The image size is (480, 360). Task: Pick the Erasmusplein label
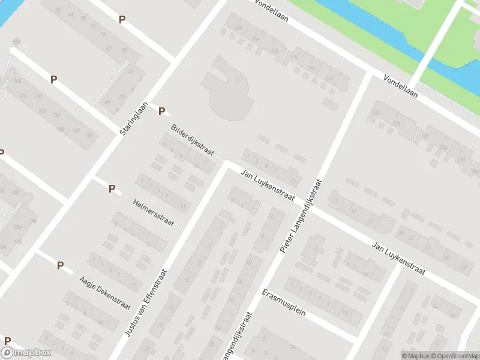point(284,304)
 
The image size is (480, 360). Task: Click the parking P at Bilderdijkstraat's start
point(161,111)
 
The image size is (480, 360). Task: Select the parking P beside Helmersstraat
point(112,189)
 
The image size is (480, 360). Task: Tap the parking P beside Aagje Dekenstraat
point(60,265)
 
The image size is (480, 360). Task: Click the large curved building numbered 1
point(231,90)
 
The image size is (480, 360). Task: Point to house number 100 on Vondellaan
point(239,28)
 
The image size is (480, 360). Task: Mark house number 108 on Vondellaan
point(275,51)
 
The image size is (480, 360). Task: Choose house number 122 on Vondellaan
point(377,112)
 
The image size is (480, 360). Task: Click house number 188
point(61,129)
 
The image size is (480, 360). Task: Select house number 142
point(76,130)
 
